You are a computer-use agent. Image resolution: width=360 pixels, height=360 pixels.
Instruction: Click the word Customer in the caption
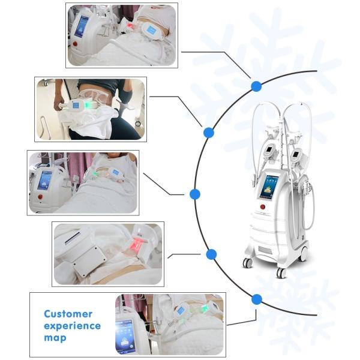(x=68, y=314)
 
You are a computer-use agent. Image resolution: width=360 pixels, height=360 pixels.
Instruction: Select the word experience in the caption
(x=72, y=326)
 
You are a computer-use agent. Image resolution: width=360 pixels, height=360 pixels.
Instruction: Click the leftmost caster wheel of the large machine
(x=247, y=263)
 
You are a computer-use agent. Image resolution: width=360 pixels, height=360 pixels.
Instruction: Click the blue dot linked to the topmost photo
(x=256, y=86)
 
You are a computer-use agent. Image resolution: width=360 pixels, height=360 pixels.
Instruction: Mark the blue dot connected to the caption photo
(x=257, y=299)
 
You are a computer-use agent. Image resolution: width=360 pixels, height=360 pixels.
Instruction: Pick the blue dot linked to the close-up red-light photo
(x=211, y=254)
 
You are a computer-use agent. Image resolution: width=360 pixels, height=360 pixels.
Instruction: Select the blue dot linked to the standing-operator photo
(x=208, y=132)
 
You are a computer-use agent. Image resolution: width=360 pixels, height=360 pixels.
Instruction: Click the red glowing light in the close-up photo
(x=137, y=244)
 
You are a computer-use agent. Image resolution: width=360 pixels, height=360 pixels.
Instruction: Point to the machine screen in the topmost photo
(x=81, y=26)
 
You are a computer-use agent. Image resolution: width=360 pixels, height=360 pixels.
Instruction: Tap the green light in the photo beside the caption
(x=204, y=308)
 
